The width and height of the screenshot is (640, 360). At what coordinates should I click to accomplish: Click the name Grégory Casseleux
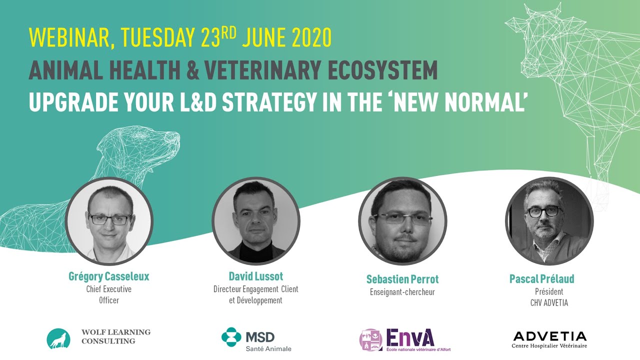point(108,276)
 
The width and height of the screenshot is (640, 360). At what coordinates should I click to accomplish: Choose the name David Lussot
point(255,276)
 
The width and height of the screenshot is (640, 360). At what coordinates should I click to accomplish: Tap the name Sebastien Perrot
point(402,279)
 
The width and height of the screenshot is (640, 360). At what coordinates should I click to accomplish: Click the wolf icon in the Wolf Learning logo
point(58,338)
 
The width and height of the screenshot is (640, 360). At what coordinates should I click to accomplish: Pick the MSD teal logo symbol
point(231,336)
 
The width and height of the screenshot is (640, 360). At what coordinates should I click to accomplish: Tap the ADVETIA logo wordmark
point(549,336)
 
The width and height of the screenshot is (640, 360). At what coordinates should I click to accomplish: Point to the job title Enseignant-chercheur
point(402,292)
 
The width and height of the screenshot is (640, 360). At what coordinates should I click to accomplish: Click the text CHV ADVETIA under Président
point(549,302)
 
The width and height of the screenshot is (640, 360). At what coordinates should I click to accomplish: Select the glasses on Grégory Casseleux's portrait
point(110,219)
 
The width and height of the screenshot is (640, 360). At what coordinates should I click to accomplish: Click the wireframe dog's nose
point(175,135)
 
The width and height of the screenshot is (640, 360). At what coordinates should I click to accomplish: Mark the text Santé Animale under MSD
point(268,348)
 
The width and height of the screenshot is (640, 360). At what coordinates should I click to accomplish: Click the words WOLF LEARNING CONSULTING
point(115,336)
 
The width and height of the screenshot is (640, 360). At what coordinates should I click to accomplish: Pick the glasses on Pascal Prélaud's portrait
point(543,211)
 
